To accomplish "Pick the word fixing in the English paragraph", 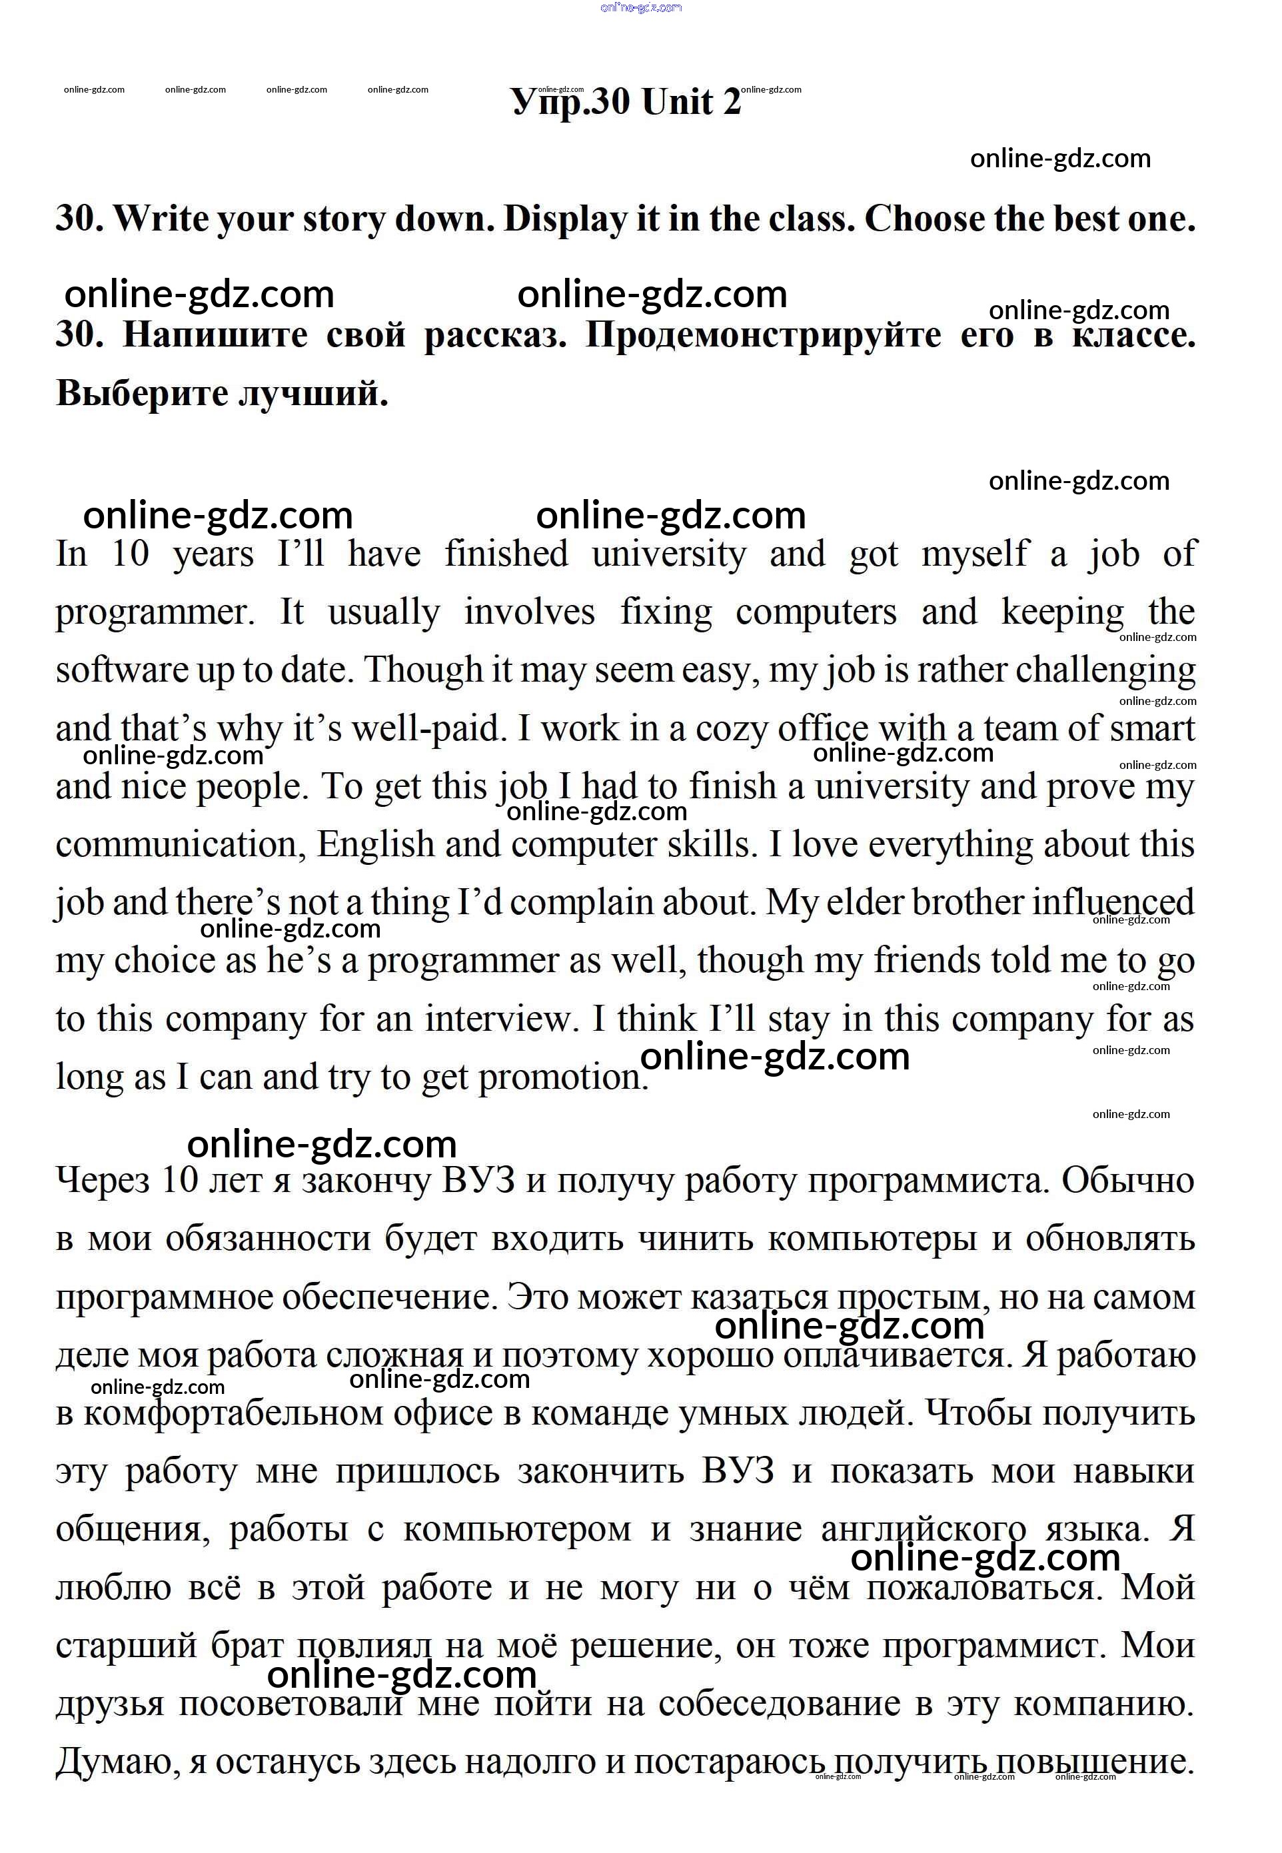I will [666, 612].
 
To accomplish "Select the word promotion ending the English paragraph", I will [562, 1077].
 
